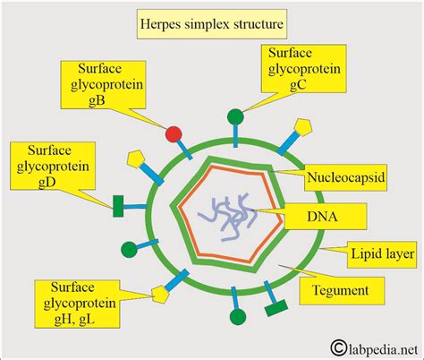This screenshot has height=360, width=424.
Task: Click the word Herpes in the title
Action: (163, 21)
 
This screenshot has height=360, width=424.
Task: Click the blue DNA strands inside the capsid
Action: (227, 215)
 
